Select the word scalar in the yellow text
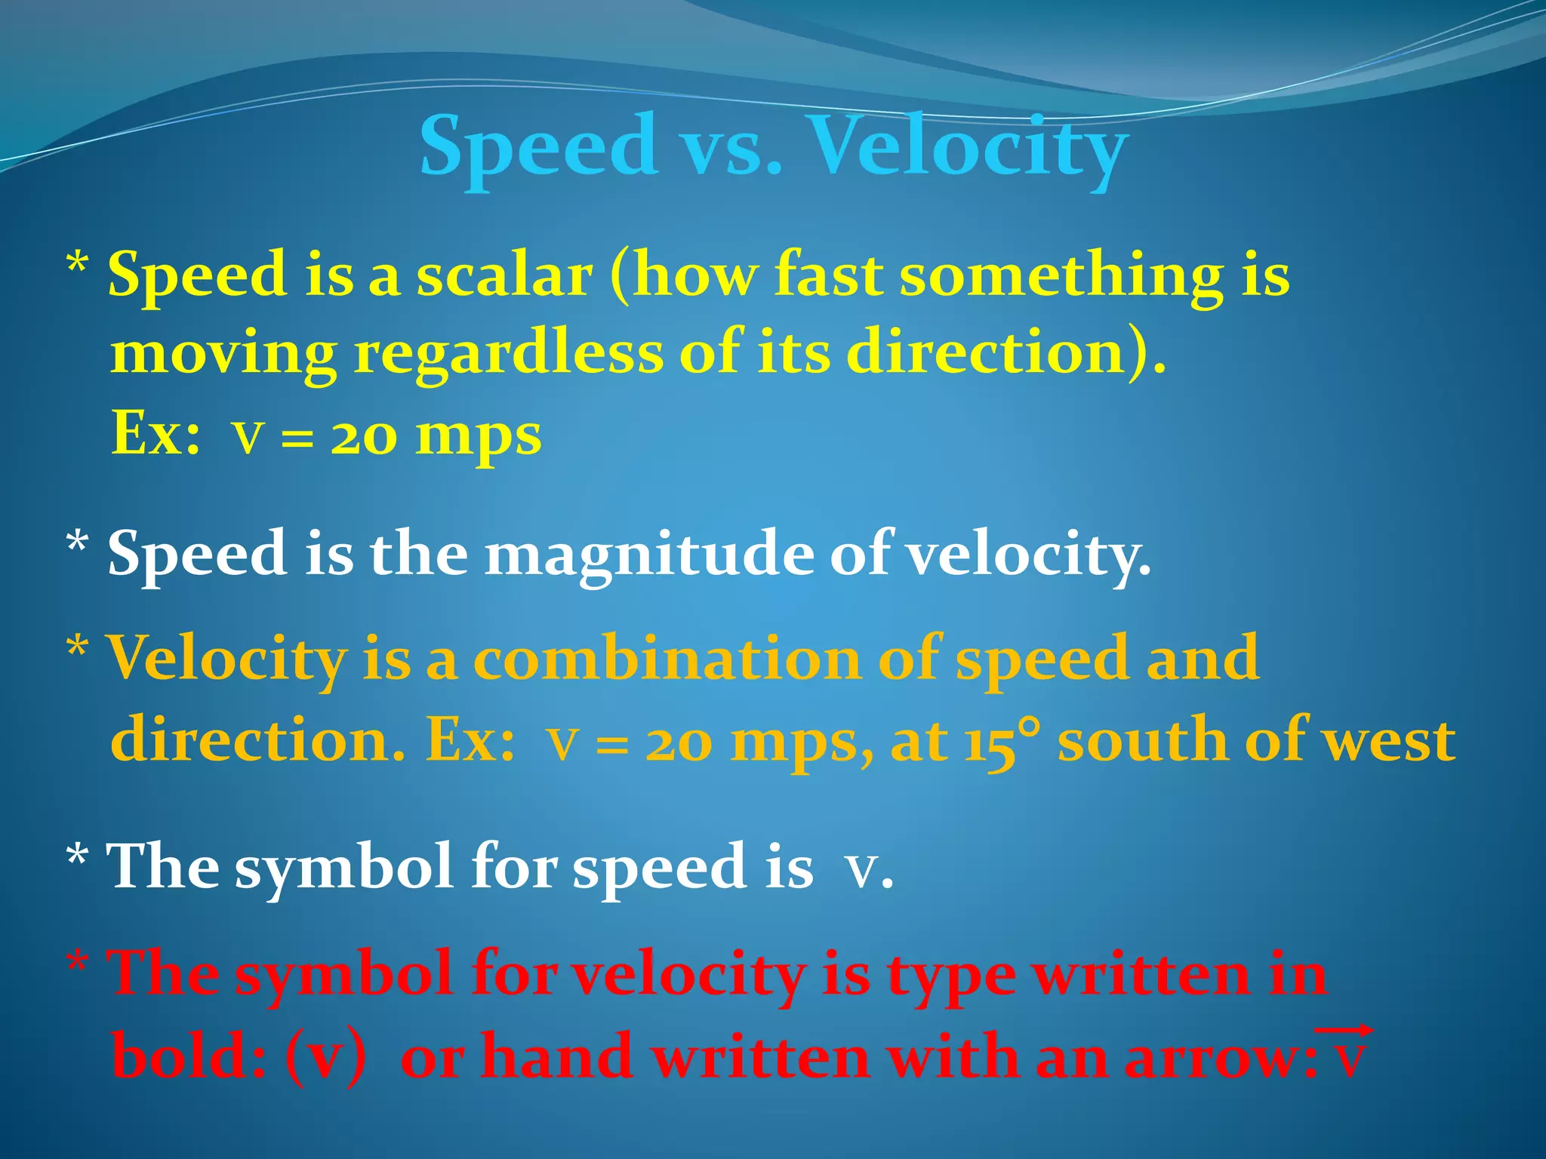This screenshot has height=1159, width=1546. (504, 276)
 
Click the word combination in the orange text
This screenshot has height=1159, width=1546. (667, 659)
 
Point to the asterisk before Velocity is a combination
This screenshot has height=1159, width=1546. (77, 647)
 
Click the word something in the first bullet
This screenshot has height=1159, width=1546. (1061, 276)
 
